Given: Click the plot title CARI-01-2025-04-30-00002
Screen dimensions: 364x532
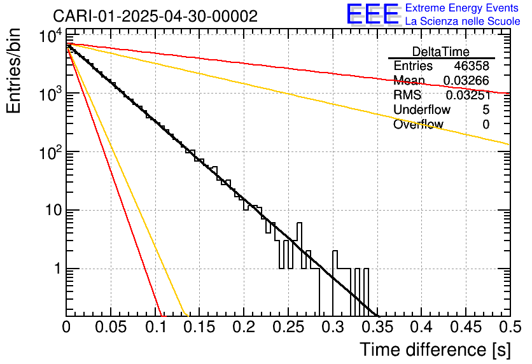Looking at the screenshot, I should [155, 16].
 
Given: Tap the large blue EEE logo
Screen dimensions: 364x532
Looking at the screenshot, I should [372, 15].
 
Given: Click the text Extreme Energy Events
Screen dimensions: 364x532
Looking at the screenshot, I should [462, 8].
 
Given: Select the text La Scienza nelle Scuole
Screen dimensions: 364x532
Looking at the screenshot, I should [463, 22].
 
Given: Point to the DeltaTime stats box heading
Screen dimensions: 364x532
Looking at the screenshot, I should [441, 52].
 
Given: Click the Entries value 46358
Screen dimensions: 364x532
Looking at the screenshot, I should [472, 66].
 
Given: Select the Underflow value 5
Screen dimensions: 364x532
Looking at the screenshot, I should [486, 109].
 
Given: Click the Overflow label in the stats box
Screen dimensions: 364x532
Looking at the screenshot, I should [418, 124].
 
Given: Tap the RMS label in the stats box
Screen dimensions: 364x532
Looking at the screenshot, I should [407, 95].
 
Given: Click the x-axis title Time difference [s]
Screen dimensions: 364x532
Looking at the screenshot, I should [434, 349].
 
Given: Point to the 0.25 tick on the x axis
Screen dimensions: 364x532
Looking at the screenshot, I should [288, 328].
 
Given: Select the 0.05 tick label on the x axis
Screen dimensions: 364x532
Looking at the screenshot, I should [111, 328].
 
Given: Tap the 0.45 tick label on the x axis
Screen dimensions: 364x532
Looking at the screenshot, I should [465, 328].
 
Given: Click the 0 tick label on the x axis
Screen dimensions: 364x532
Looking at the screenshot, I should [66, 328].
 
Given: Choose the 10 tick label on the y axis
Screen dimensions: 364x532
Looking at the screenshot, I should [49, 211].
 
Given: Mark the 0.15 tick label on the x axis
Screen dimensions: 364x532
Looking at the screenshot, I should [199, 328].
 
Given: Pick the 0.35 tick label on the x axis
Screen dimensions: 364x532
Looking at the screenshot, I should [376, 328].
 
